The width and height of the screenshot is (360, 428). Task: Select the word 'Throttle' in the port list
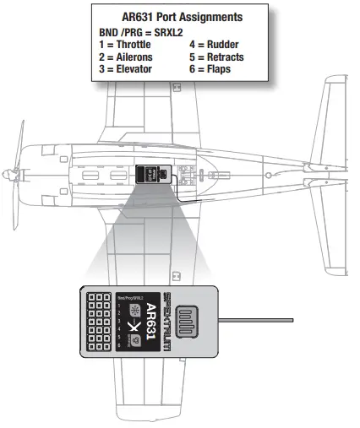133,44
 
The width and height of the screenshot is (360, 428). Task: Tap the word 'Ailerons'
133,57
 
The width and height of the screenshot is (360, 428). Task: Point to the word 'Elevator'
133,68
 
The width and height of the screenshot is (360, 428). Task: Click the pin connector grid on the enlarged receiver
101,321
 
